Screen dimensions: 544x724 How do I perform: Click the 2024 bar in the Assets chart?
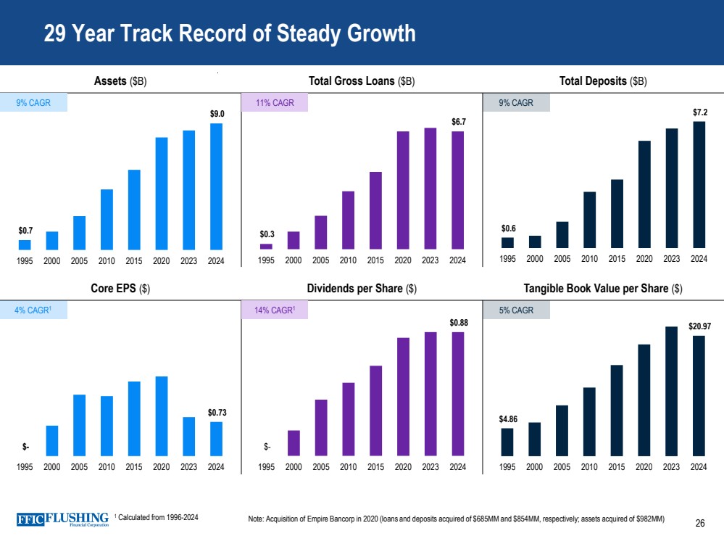tap(216, 186)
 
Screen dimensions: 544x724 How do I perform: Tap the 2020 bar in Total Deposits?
tap(644, 195)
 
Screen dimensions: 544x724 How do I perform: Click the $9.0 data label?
tap(217, 114)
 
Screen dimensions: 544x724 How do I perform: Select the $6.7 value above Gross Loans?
tap(458, 122)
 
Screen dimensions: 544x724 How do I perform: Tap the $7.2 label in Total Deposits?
tap(699, 112)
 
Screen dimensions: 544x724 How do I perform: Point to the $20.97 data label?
tap(699, 326)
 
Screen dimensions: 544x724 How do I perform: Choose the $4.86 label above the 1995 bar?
tap(507, 419)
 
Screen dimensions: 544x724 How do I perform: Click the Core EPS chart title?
tap(121, 289)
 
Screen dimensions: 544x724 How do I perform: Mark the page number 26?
tap(699, 522)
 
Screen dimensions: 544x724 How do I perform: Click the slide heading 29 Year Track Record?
tap(230, 34)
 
